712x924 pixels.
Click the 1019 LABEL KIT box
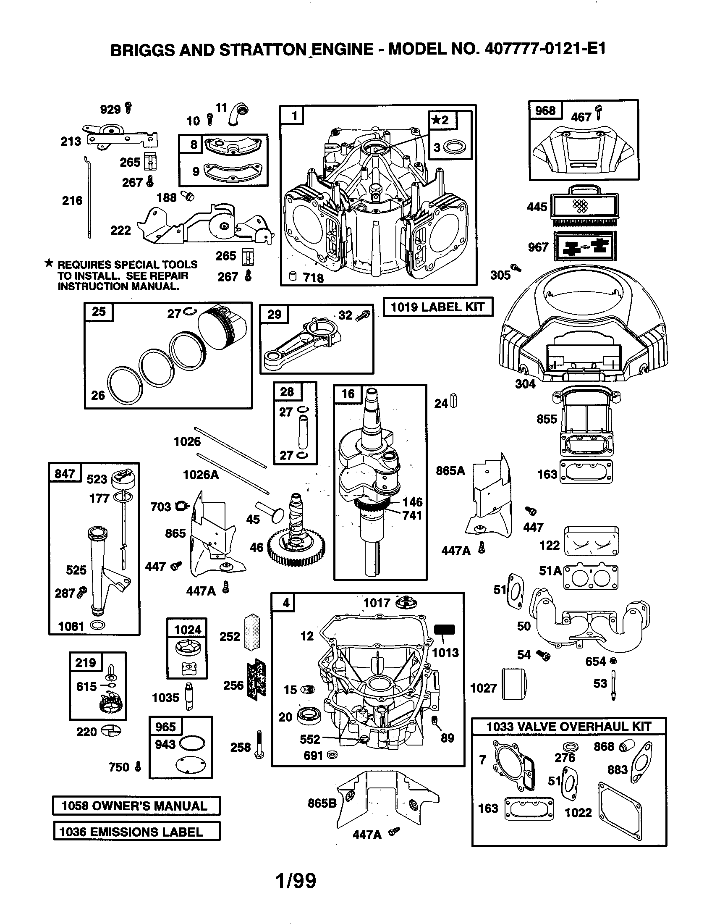coord(437,307)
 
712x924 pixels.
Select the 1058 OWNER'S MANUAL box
coord(136,806)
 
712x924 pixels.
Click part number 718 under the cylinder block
coord(313,278)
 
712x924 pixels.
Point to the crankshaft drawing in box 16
coord(374,478)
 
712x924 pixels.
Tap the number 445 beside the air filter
coord(537,207)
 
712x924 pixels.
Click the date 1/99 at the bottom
coord(296,881)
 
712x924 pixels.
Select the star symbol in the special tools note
coord(49,264)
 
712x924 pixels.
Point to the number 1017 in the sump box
coord(376,603)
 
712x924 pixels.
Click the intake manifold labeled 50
coord(588,622)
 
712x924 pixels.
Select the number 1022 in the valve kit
coord(578,813)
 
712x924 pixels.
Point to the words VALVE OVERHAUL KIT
coord(584,727)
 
